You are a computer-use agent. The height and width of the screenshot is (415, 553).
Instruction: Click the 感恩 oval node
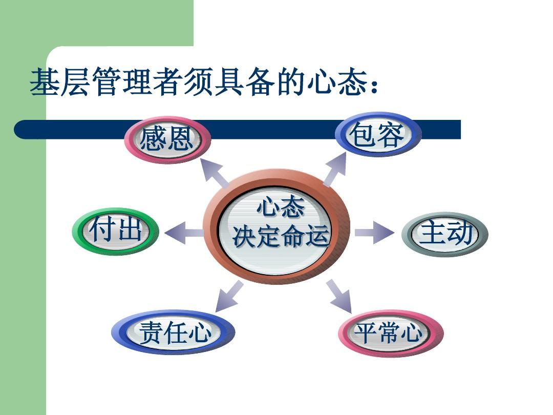click(168, 140)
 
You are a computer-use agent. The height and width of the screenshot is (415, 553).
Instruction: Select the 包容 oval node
click(378, 135)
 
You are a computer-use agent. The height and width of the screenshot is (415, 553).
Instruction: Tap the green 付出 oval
click(116, 232)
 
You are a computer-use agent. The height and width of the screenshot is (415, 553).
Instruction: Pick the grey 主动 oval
click(445, 234)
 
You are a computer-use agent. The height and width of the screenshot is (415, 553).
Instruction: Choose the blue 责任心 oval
click(173, 332)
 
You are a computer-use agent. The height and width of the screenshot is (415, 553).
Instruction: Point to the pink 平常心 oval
click(391, 333)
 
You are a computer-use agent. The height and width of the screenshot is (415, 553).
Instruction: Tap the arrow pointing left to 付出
click(184, 233)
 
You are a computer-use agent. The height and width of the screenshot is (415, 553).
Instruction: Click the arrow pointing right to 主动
click(374, 233)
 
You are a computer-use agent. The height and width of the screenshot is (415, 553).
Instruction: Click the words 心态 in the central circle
click(281, 208)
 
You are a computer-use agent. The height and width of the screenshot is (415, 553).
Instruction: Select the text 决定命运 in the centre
click(281, 236)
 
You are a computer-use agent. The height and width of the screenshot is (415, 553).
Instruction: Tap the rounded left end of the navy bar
click(17, 130)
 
